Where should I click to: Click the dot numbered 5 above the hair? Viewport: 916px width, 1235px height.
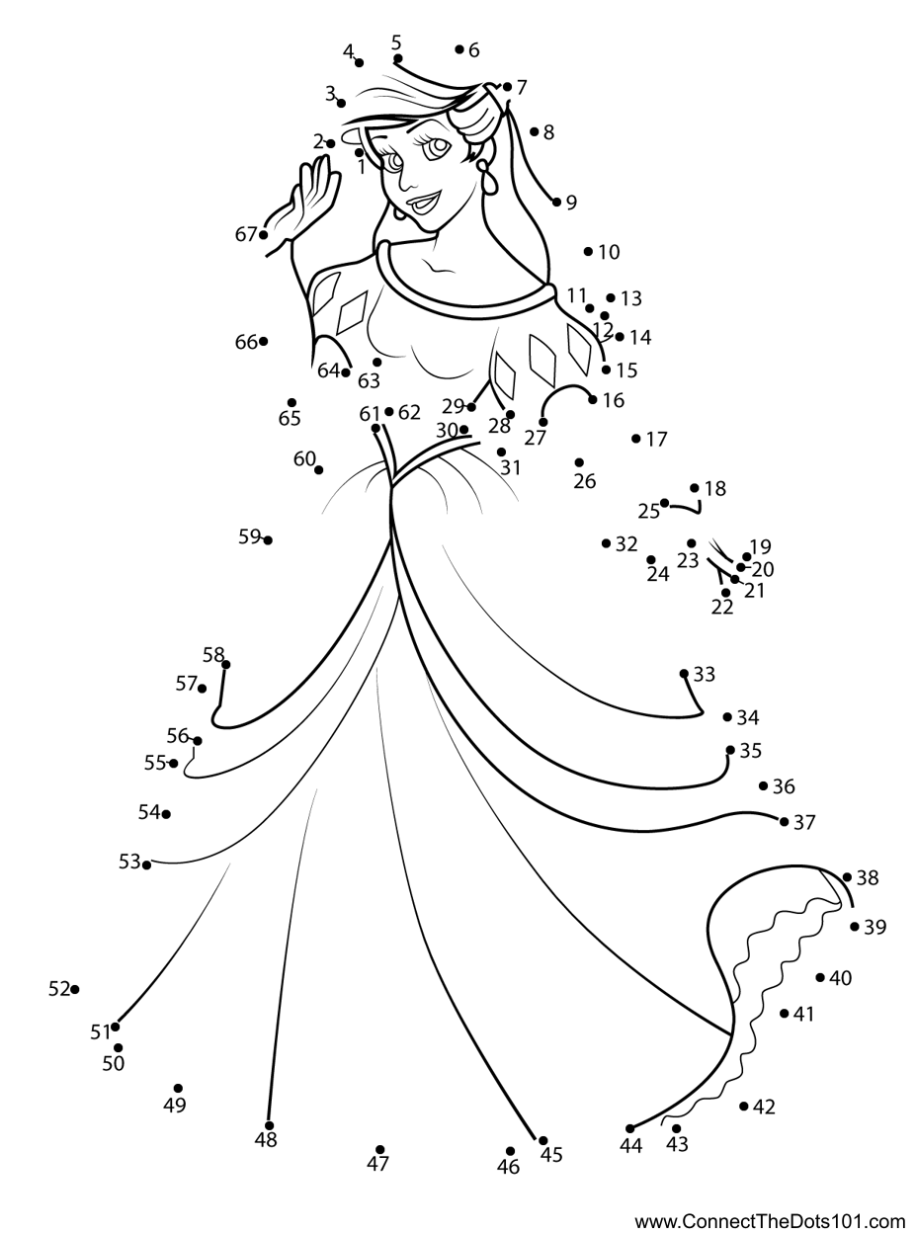397,58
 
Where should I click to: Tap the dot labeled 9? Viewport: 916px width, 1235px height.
556,203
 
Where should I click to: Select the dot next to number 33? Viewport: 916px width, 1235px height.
684,674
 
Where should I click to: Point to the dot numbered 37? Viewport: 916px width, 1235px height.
784,822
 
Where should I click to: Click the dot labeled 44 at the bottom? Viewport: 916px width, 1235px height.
629,1129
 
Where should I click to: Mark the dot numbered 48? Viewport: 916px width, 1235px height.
269,1126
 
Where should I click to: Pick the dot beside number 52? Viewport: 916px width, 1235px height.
75,989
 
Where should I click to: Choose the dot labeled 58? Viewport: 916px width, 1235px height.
225,665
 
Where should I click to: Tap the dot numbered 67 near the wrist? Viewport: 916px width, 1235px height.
264,235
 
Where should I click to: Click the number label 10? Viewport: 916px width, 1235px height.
609,252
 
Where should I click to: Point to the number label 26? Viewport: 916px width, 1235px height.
585,481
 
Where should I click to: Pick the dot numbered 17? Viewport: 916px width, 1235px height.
636,439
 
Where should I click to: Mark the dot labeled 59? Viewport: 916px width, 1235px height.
268,540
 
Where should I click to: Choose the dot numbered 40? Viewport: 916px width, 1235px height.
820,978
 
